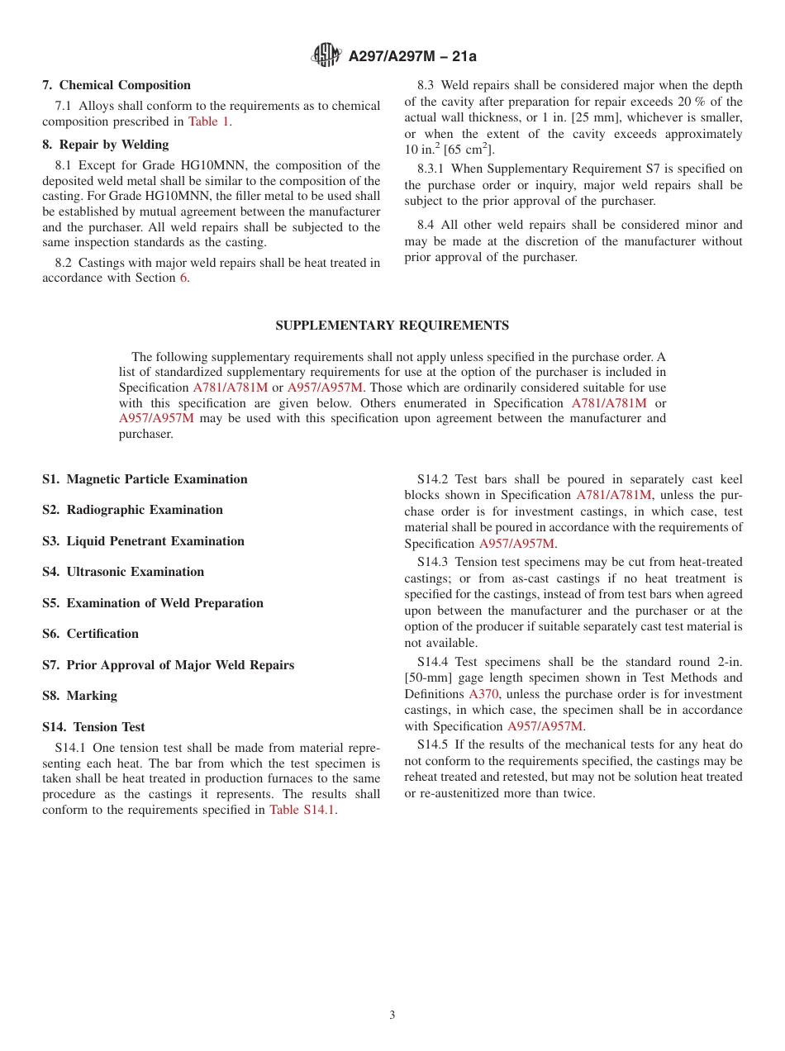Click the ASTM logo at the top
pyautogui.click(x=326, y=55)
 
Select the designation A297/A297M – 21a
pyautogui.click(x=412, y=56)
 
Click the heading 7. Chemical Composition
pyautogui.click(x=117, y=85)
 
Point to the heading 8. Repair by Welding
pyautogui.click(x=106, y=145)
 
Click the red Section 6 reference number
pyautogui.click(x=183, y=278)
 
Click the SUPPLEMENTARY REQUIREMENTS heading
pyautogui.click(x=392, y=326)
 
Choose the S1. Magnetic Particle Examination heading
pyautogui.click(x=145, y=479)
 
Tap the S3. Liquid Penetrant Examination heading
pyautogui.click(x=143, y=541)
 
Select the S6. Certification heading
pyautogui.click(x=91, y=634)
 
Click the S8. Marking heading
pyautogui.click(x=80, y=696)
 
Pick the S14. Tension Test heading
pyautogui.click(x=93, y=727)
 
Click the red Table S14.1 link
pyautogui.click(x=302, y=810)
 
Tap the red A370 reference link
pyautogui.click(x=483, y=694)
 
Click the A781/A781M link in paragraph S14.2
pyautogui.click(x=613, y=495)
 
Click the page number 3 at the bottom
pyautogui.click(x=392, y=1015)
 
